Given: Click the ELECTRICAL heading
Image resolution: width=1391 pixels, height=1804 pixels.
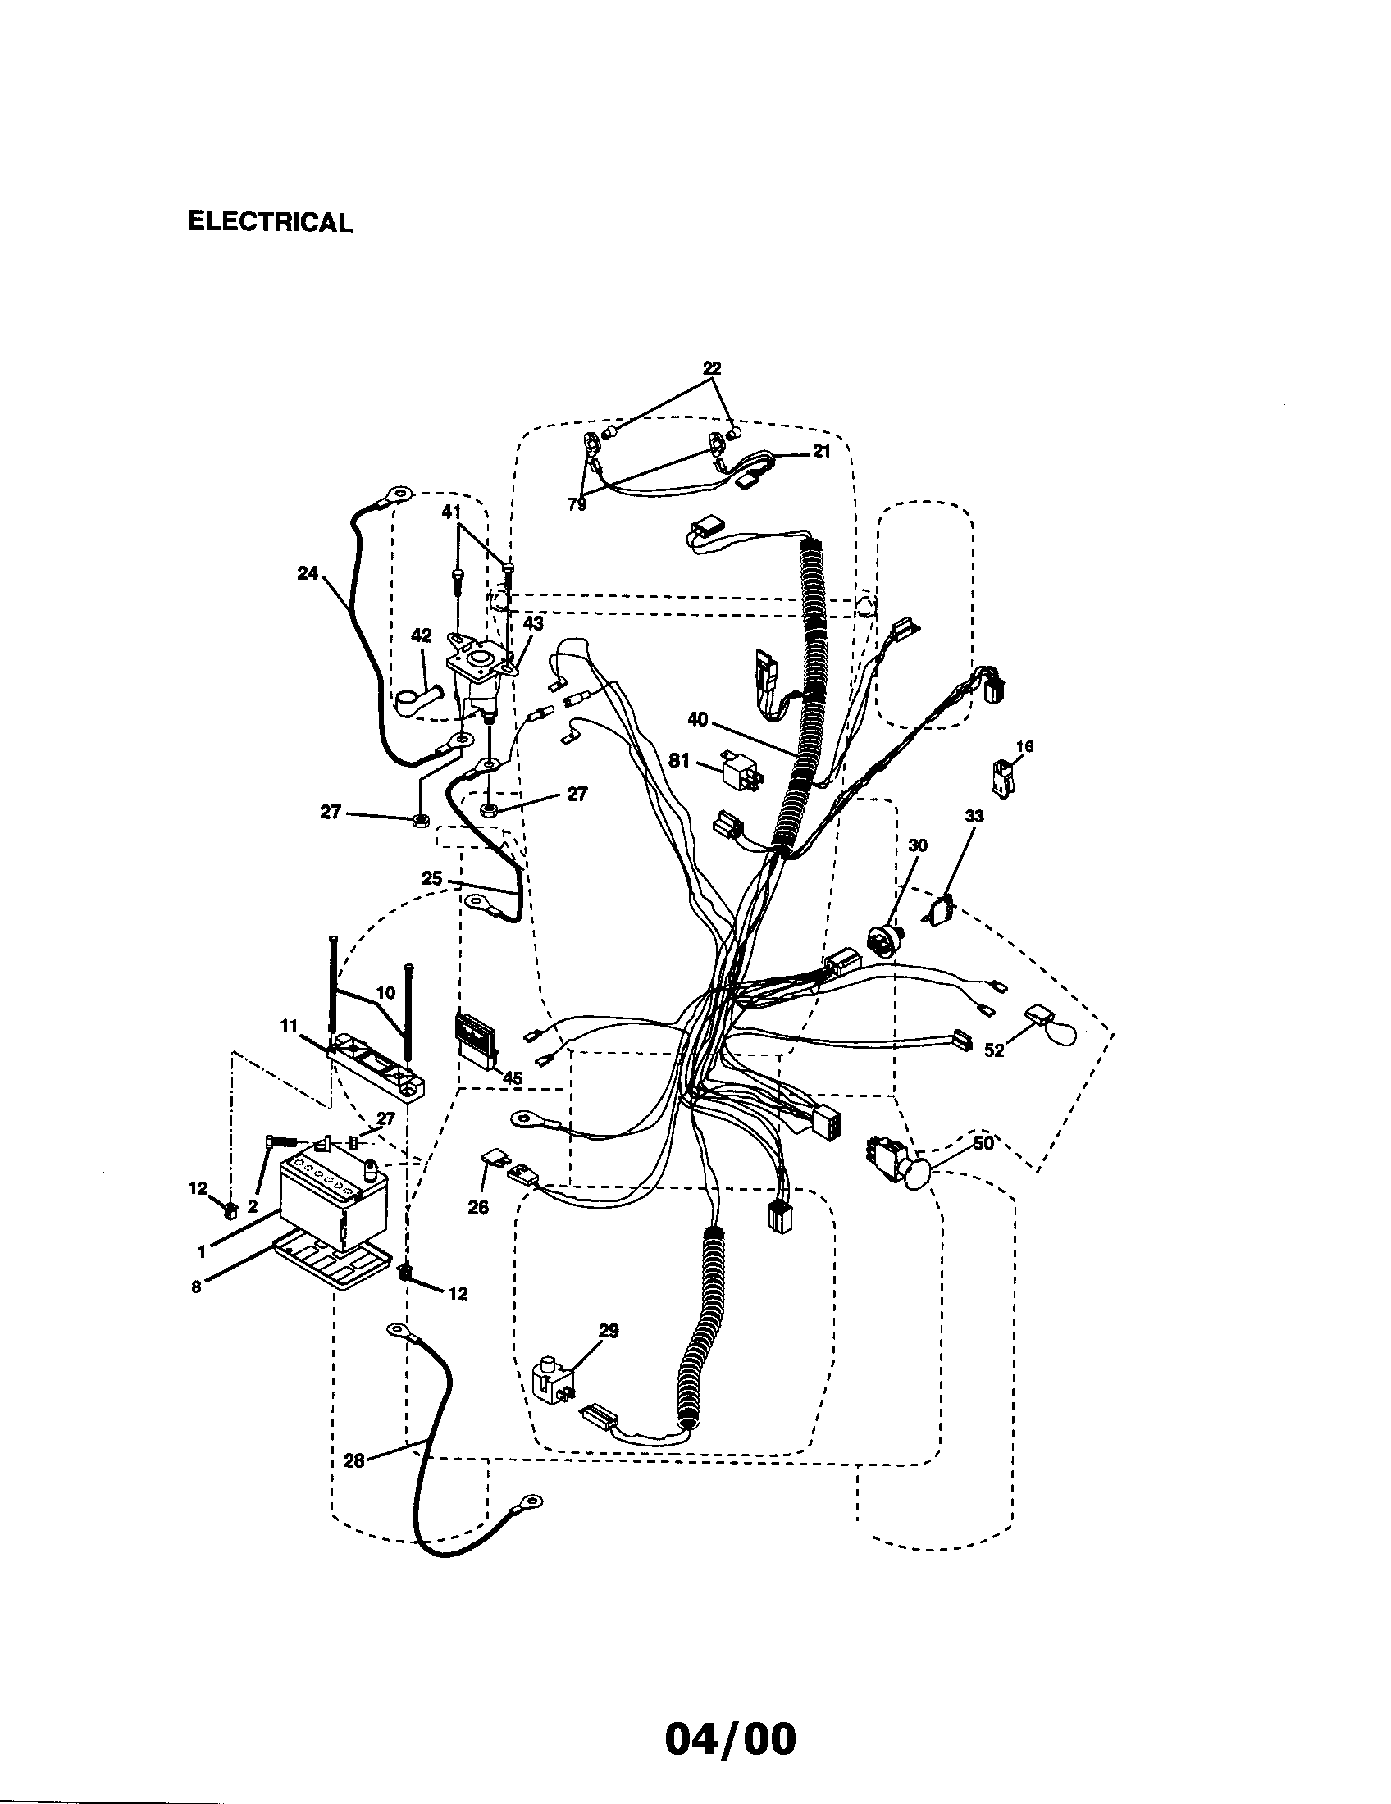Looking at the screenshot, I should pyautogui.click(x=270, y=221).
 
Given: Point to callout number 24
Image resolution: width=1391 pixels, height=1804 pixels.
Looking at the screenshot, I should pyautogui.click(x=308, y=572).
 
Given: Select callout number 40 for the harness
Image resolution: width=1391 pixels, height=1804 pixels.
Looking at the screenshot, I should pyautogui.click(x=698, y=720).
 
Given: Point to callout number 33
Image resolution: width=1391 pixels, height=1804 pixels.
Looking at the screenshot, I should pyautogui.click(x=974, y=816).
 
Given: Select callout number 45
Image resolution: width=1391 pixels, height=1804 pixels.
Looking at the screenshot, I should pyautogui.click(x=512, y=1078).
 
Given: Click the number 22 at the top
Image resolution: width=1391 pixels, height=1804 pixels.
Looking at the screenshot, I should pyautogui.click(x=711, y=368).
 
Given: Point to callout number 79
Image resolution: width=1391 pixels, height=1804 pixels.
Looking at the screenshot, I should pyautogui.click(x=577, y=503).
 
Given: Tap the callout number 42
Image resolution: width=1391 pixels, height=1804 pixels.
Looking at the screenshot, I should pyautogui.click(x=422, y=635).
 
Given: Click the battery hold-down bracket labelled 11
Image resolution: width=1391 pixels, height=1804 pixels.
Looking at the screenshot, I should pyautogui.click(x=376, y=1068).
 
